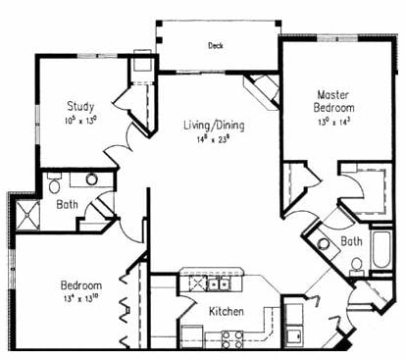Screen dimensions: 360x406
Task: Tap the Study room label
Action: (x=81, y=105)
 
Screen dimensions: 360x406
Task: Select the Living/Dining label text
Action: (x=214, y=126)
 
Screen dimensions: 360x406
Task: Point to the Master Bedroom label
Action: (x=333, y=99)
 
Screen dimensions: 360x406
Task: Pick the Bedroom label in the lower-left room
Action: (x=82, y=286)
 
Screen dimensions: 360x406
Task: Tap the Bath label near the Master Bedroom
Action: (x=352, y=240)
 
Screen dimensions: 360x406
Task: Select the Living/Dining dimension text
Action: (x=215, y=139)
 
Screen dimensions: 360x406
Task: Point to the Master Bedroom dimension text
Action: (x=333, y=122)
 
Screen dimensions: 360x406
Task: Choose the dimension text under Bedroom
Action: (x=82, y=300)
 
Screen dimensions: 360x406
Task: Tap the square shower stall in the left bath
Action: (x=26, y=213)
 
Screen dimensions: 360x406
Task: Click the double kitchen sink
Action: (x=209, y=283)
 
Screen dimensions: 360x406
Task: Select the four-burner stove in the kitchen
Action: (x=232, y=339)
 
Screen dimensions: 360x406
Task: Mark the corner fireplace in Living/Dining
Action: (x=262, y=92)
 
